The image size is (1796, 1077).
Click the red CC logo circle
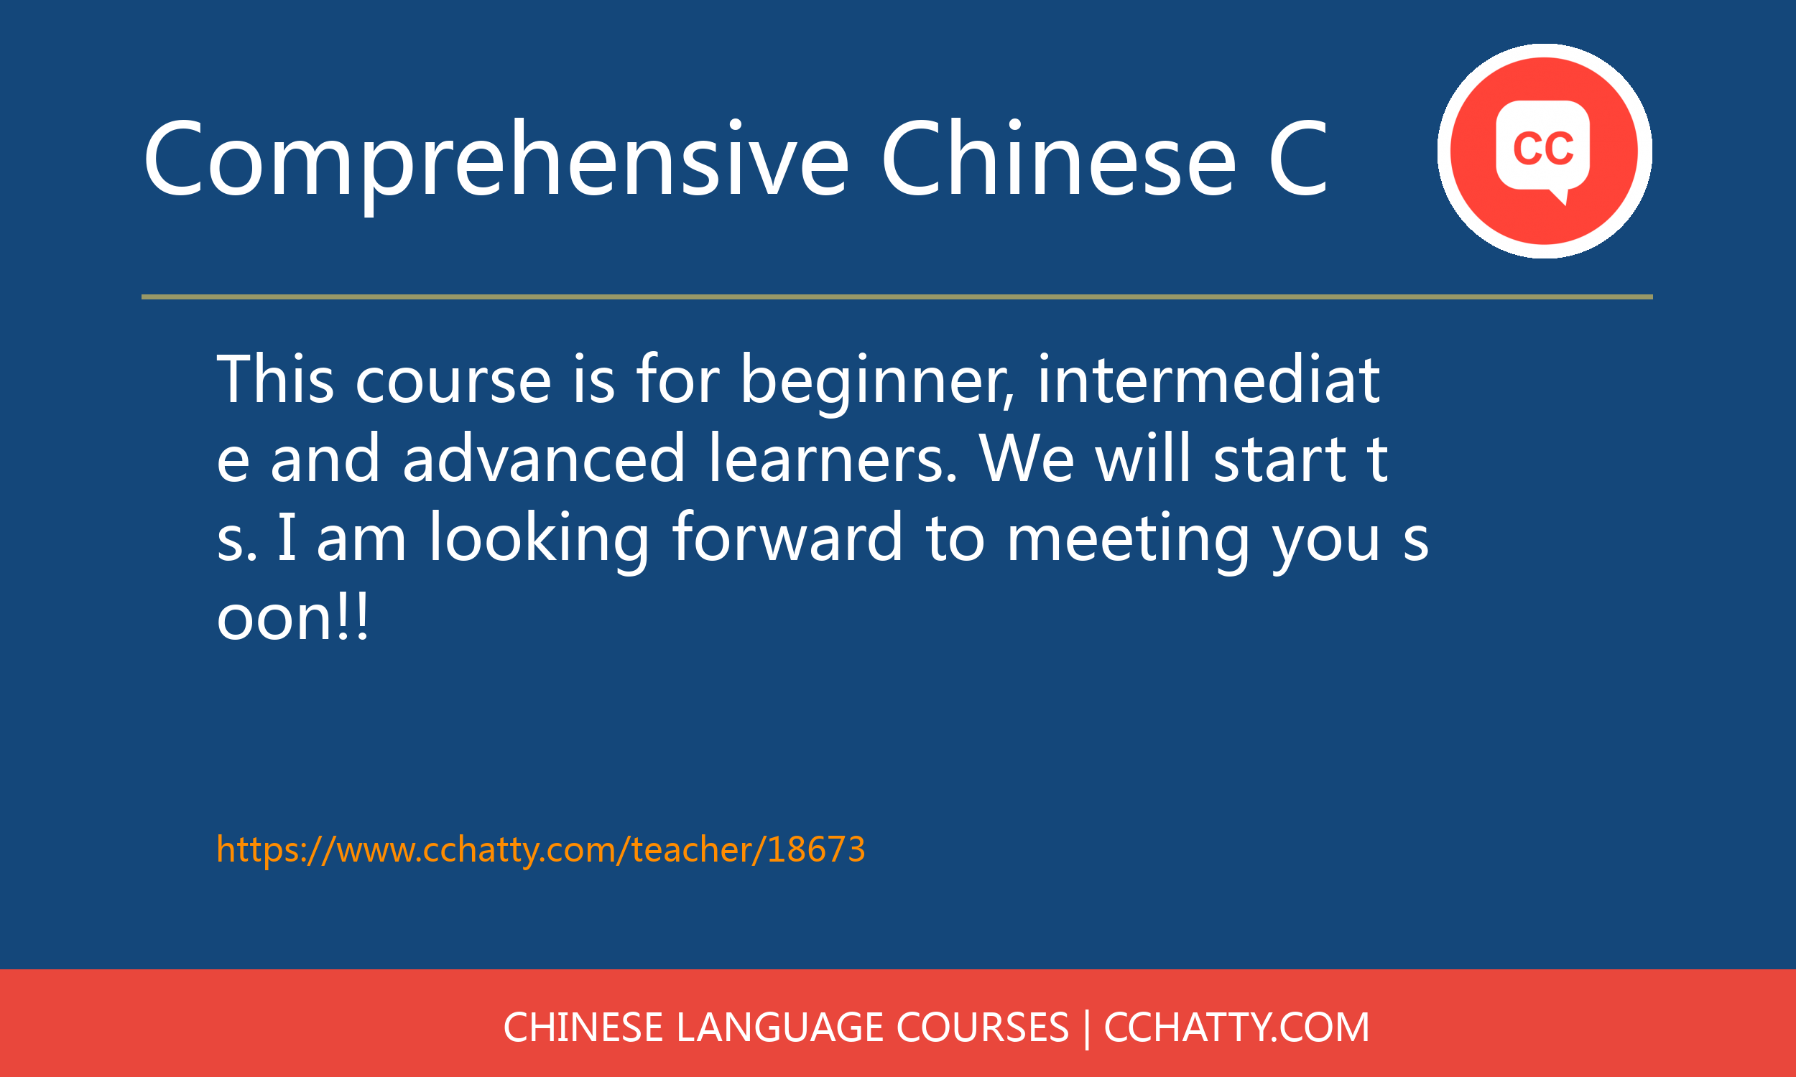[1544, 151]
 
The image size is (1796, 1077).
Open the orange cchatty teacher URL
[541, 849]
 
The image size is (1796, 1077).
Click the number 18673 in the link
[816, 849]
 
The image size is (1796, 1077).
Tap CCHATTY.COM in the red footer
[1236, 1027]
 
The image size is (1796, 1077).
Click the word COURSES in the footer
[983, 1027]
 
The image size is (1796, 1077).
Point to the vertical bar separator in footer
[1087, 1028]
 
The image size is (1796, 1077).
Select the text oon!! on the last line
[292, 617]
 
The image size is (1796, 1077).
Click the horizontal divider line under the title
[897, 297]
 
